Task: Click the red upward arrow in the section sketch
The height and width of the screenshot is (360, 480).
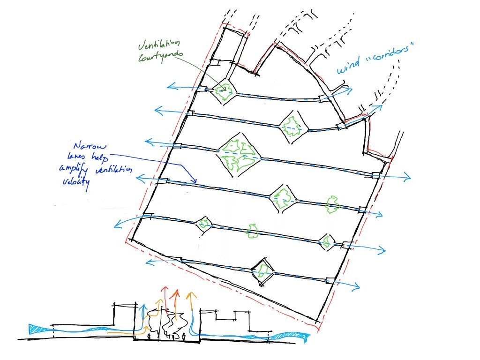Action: pyautogui.click(x=177, y=294)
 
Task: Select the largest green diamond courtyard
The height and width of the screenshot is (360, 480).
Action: pyautogui.click(x=237, y=153)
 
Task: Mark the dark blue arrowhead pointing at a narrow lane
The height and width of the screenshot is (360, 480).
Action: pyautogui.click(x=194, y=181)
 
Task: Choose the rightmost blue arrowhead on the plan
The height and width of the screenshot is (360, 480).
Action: pyautogui.click(x=408, y=177)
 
